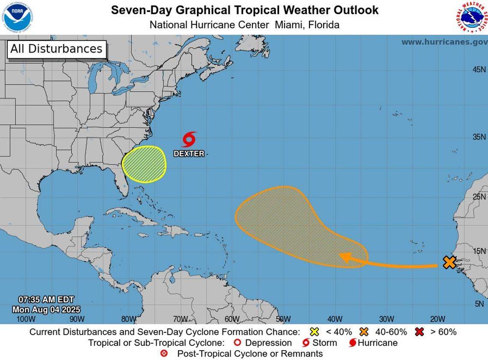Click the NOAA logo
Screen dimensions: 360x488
pos(18,18)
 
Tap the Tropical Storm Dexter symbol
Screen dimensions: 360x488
pos(189,139)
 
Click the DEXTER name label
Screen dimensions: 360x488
pos(189,153)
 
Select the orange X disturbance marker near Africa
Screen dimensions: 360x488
pos(449,262)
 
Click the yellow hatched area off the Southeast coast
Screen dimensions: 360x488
pos(144,164)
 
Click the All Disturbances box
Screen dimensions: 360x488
pos(57,49)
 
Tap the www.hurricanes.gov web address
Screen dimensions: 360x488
pos(444,42)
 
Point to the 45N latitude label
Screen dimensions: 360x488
pos(479,69)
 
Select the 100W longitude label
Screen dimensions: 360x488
pos(26,319)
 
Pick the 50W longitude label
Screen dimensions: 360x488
pos(283,319)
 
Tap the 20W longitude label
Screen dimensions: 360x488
pos(437,319)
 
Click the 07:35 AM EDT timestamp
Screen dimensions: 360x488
pos(46,300)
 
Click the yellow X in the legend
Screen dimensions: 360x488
pos(315,332)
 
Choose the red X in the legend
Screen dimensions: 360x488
pos(419,332)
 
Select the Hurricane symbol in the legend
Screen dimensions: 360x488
pos(353,343)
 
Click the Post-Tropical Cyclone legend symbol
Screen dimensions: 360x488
pos(164,354)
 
